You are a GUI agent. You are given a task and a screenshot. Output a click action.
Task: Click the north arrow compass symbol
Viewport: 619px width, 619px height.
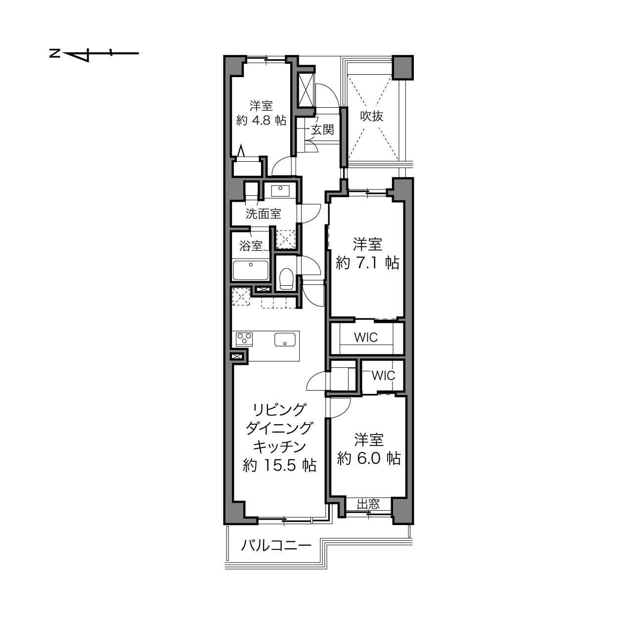point(94,53)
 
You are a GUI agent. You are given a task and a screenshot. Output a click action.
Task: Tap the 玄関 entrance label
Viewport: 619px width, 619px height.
point(322,130)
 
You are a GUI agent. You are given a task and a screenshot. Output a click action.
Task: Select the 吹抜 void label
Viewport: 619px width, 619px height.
point(372,116)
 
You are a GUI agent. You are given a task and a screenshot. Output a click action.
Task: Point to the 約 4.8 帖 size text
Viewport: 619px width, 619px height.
point(261,121)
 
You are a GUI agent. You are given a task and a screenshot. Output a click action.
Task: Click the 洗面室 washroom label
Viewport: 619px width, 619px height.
point(264,214)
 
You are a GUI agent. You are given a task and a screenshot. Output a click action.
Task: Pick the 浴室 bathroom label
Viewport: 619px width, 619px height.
point(251,246)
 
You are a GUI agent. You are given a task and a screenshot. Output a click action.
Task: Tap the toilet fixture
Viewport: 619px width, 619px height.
point(286,278)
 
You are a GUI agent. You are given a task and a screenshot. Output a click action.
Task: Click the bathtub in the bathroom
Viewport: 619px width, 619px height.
point(251,270)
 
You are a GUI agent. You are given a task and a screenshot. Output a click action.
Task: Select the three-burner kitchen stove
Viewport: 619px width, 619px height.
point(244,340)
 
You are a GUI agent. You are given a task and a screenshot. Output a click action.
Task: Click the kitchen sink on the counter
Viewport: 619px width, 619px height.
point(285,340)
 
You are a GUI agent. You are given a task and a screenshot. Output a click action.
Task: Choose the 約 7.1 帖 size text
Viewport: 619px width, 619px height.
point(367,263)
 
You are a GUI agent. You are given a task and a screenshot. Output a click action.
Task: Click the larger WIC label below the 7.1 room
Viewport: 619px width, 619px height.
point(366,337)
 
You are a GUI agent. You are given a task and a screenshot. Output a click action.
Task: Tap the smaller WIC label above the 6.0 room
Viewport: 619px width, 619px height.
point(383,376)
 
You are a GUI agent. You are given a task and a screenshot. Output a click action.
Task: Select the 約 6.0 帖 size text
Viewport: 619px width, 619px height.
point(369,458)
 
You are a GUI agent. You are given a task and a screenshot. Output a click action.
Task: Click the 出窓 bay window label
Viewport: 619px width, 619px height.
point(368,504)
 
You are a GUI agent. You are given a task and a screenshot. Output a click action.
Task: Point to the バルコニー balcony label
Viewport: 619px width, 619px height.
point(276,545)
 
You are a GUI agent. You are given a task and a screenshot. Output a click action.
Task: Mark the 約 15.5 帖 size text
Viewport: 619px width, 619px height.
point(279,465)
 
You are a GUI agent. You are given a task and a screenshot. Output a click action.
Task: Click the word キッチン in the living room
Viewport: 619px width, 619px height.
point(279,447)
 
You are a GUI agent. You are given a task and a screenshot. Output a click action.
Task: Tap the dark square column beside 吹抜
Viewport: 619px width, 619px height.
point(403,67)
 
